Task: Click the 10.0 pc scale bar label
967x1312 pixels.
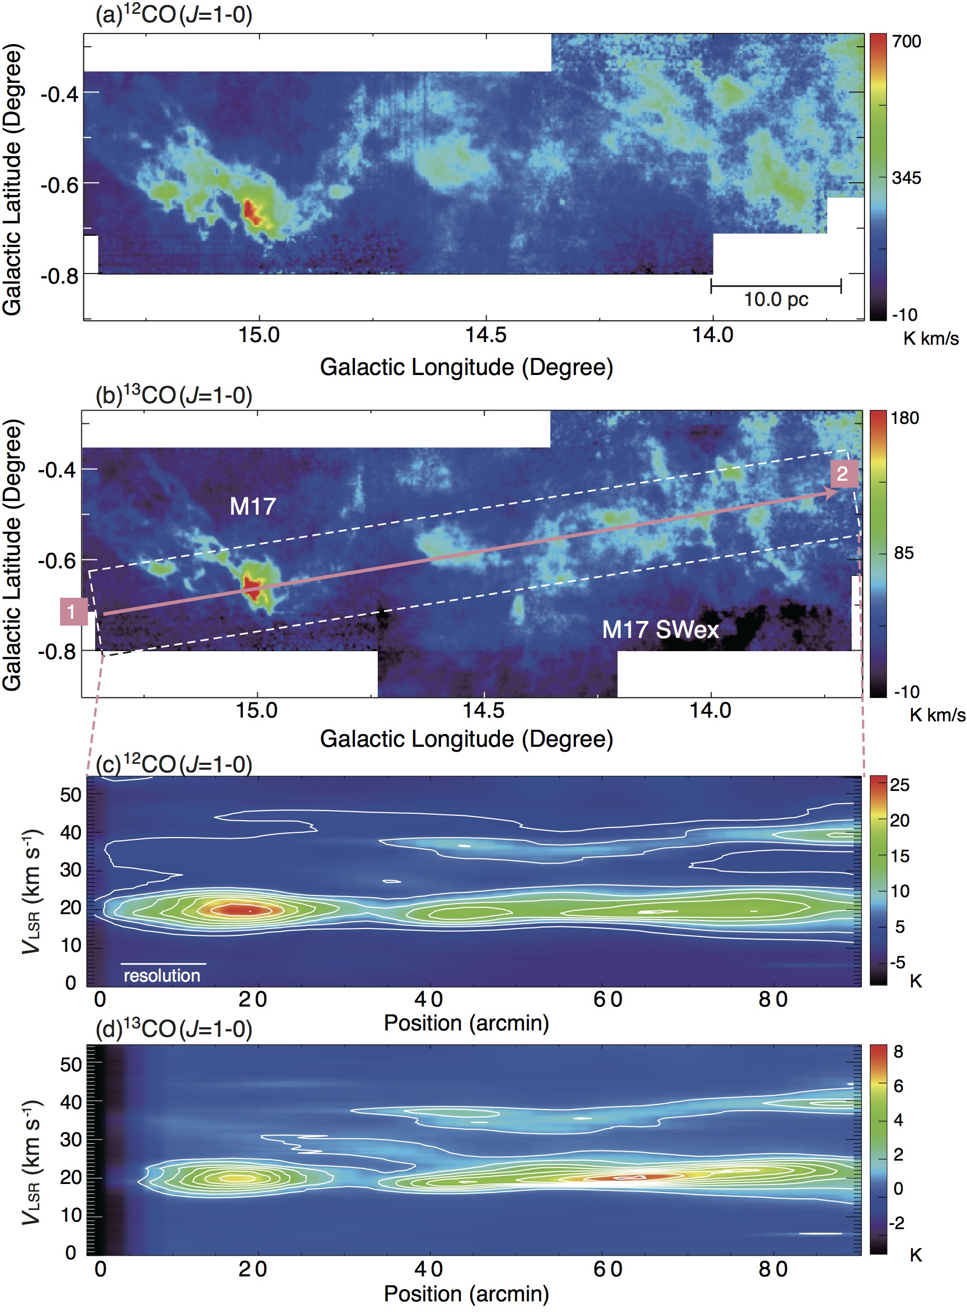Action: coord(776,300)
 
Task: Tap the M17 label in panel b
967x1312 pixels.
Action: coord(252,506)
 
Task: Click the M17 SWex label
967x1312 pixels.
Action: coord(660,629)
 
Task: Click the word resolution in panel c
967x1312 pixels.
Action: coord(162,976)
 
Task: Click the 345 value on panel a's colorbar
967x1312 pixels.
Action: coord(906,178)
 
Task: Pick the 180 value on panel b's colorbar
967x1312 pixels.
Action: coord(905,419)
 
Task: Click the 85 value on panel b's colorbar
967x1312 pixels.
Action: coord(904,553)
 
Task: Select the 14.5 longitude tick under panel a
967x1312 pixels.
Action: coord(485,335)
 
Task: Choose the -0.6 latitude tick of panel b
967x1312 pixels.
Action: coord(57,560)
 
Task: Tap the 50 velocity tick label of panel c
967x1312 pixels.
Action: coord(70,795)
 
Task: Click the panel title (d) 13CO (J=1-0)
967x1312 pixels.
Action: coord(174,1029)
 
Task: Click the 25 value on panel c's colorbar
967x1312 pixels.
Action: coord(899,785)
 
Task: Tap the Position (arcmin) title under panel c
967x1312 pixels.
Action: coord(466,1023)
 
